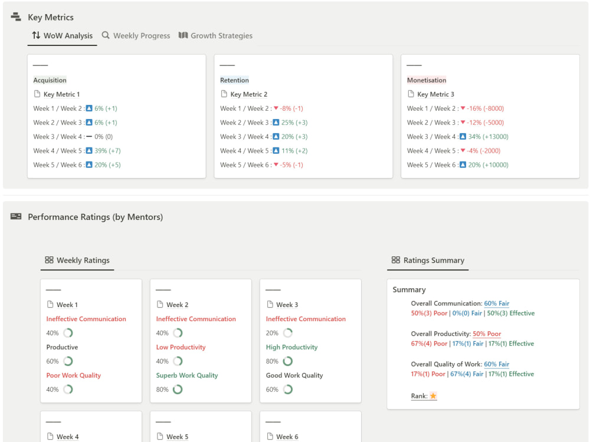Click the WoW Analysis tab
click(x=63, y=36)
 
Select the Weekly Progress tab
click(x=136, y=36)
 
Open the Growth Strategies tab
click(x=215, y=36)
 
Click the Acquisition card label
click(x=50, y=80)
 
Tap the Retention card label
click(x=234, y=80)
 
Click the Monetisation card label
click(x=427, y=80)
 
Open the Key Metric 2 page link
click(x=248, y=94)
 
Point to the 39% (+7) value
click(x=107, y=151)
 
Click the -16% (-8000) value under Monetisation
click(x=486, y=108)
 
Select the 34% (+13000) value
click(x=488, y=137)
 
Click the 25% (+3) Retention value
click(x=294, y=123)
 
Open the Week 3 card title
click(x=287, y=305)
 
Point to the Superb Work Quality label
click(x=186, y=375)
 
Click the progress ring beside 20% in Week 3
click(x=287, y=333)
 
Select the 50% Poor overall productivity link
click(x=487, y=334)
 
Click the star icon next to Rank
click(x=433, y=396)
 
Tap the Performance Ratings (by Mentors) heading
click(x=95, y=217)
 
